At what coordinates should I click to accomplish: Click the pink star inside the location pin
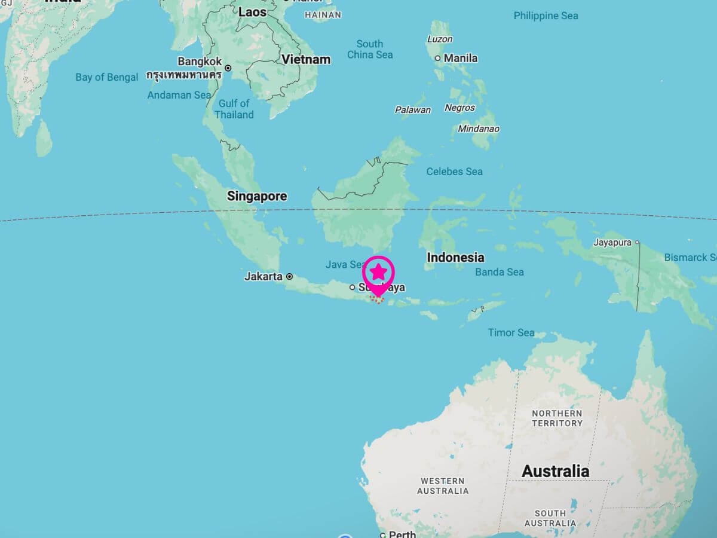pyautogui.click(x=378, y=272)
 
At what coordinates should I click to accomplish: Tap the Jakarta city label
pyautogui.click(x=263, y=277)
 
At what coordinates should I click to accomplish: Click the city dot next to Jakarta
pyautogui.click(x=290, y=277)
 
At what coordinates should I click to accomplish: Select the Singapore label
pyautogui.click(x=257, y=196)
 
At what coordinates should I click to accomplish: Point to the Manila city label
pyautogui.click(x=461, y=58)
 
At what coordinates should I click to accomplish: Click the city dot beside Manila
pyautogui.click(x=438, y=58)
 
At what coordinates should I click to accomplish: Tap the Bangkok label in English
pyautogui.click(x=200, y=62)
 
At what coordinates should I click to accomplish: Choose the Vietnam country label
pyautogui.click(x=306, y=59)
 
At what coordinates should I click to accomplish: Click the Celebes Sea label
pyautogui.click(x=454, y=172)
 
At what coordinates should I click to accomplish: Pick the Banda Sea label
pyautogui.click(x=500, y=272)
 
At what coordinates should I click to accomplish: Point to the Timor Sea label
pyautogui.click(x=511, y=332)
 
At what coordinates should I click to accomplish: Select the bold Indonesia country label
pyautogui.click(x=455, y=258)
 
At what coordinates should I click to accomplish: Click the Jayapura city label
pyautogui.click(x=613, y=243)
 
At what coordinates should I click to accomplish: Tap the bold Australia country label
pyautogui.click(x=555, y=471)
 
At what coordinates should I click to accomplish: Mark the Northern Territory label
pyautogui.click(x=557, y=418)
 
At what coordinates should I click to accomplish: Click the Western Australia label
pyautogui.click(x=443, y=486)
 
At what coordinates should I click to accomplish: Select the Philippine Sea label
pyautogui.click(x=546, y=16)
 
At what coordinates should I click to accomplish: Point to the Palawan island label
pyautogui.click(x=412, y=110)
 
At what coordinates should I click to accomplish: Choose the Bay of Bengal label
pyautogui.click(x=107, y=77)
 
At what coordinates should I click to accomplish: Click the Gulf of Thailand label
pyautogui.click(x=234, y=109)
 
